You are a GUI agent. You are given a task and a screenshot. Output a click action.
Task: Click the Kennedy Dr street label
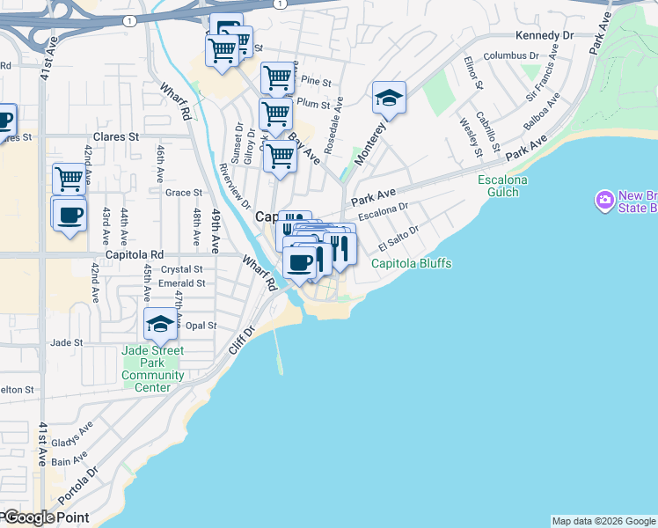click(545, 35)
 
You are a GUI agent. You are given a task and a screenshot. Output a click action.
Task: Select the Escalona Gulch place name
click(503, 186)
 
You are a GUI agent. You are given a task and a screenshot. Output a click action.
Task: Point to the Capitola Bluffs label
click(411, 263)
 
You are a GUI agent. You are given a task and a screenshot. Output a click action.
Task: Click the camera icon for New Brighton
click(604, 201)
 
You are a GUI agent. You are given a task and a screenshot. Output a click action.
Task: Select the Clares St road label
click(116, 137)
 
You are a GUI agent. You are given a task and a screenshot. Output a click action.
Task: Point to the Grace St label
click(184, 193)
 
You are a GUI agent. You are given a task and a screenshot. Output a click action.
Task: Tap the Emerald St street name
click(182, 283)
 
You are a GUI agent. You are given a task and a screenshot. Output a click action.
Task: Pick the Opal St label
click(201, 326)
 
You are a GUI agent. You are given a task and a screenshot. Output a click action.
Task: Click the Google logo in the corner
click(30, 517)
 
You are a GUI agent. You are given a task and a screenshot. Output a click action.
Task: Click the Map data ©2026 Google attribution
click(603, 521)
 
